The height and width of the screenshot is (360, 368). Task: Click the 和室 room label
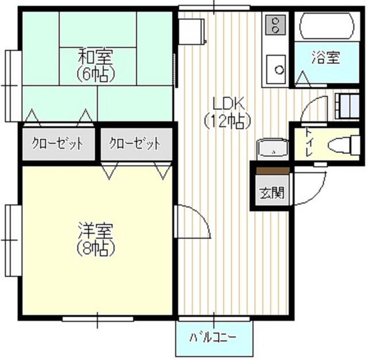tap(96, 57)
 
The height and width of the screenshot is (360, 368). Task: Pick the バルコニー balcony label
tap(213, 336)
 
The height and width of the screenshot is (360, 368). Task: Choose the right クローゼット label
tap(135, 144)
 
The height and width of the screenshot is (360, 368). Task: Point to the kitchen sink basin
tap(277, 69)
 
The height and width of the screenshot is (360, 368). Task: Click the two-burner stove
tap(276, 24)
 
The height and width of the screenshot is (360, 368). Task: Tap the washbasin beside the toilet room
tap(270, 150)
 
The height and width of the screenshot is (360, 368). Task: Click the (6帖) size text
tap(96, 73)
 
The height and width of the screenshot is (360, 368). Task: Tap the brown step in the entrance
tap(272, 171)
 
